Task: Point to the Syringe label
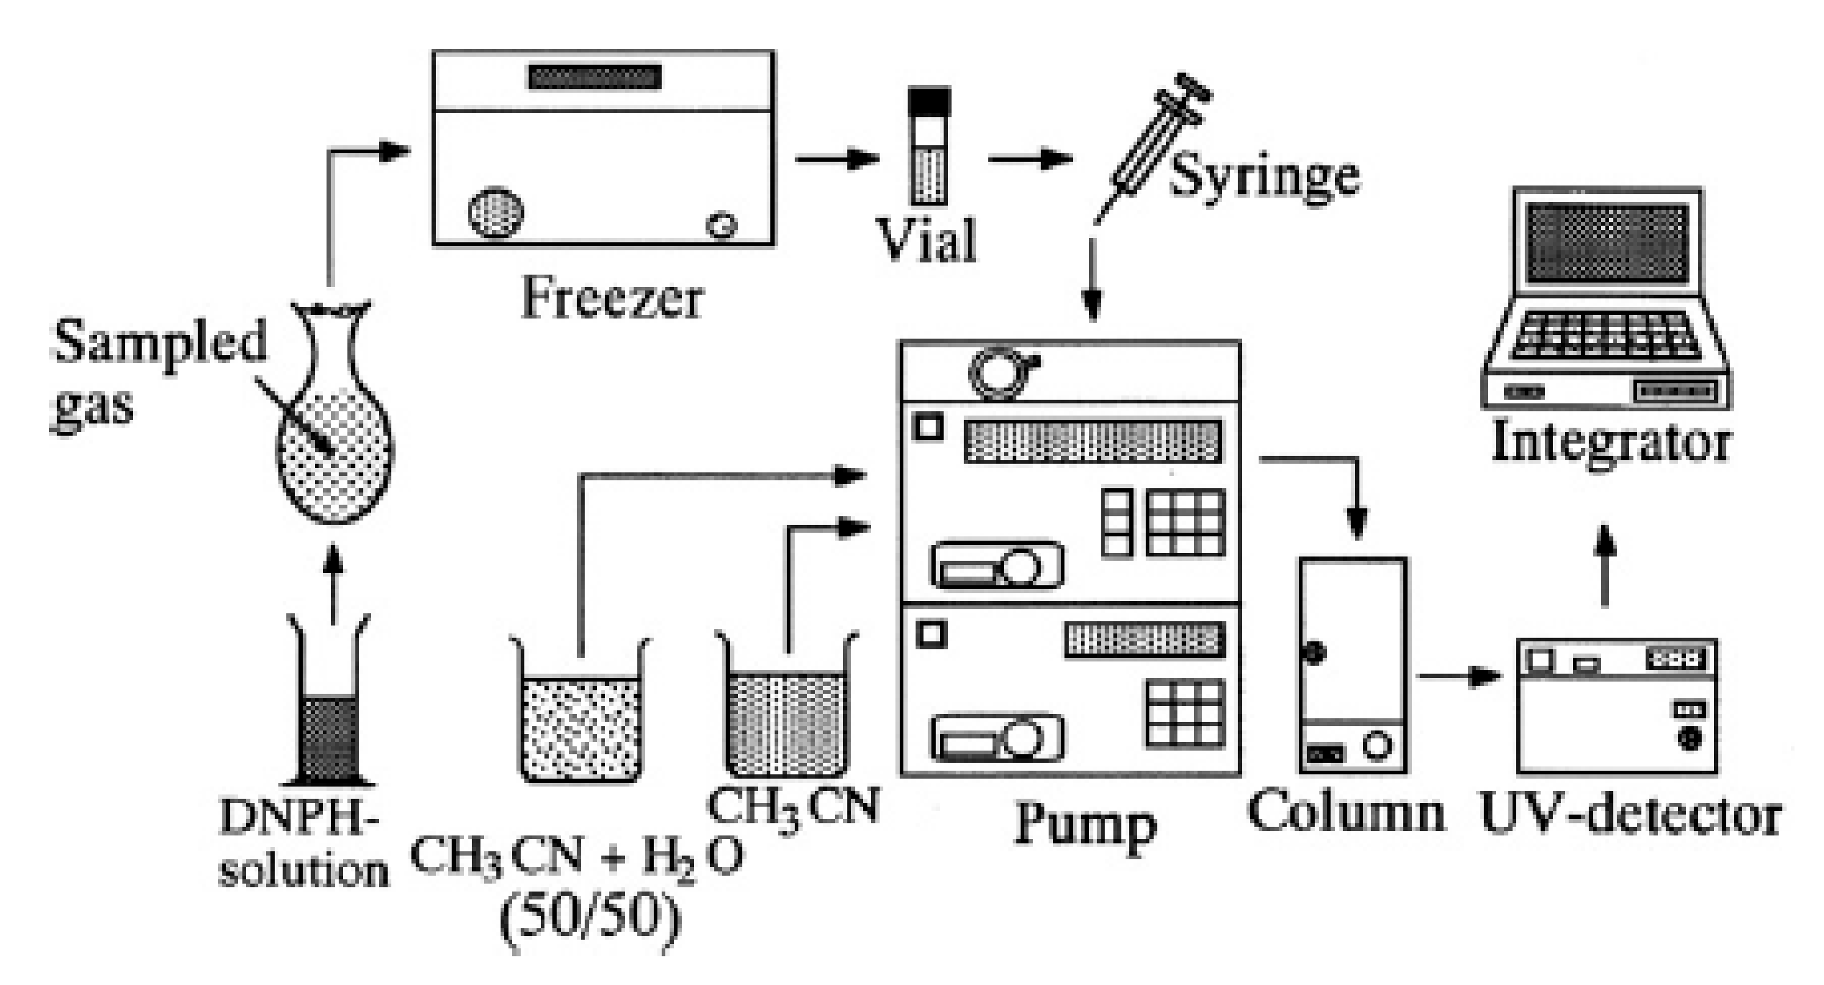click(1264, 175)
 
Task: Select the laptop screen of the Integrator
click(1608, 242)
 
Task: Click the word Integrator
click(1611, 443)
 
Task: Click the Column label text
click(1346, 812)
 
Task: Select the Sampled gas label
click(158, 374)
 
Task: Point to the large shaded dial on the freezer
click(496, 213)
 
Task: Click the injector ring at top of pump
click(998, 372)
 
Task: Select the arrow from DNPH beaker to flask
click(332, 582)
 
